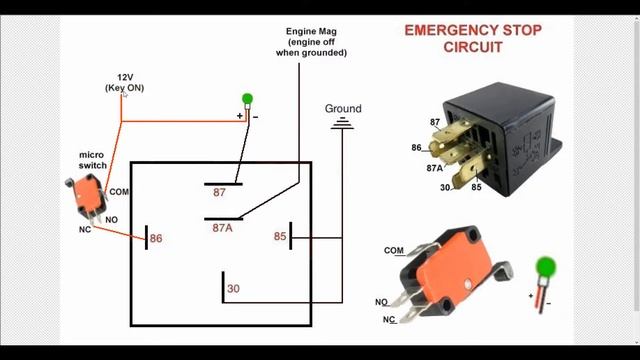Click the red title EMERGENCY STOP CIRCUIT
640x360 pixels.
(x=472, y=38)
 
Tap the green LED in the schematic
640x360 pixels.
(x=248, y=99)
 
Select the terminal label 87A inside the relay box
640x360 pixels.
(x=222, y=228)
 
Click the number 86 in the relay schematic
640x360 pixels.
(x=155, y=239)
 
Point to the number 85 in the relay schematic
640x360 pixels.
(x=281, y=237)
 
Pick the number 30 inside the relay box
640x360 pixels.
(x=233, y=289)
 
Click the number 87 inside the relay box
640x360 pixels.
(x=220, y=190)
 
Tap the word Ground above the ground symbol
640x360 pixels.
(x=343, y=108)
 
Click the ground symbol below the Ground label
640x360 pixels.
(x=343, y=124)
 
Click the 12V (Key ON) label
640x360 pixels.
(x=124, y=82)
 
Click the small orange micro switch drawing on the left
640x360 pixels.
(x=83, y=197)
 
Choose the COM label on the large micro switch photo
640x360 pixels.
(x=393, y=250)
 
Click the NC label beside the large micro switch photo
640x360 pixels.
(x=388, y=319)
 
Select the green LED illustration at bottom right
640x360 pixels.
(x=545, y=268)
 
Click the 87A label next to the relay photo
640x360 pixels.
(x=436, y=169)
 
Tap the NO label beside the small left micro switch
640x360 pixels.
(x=110, y=219)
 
